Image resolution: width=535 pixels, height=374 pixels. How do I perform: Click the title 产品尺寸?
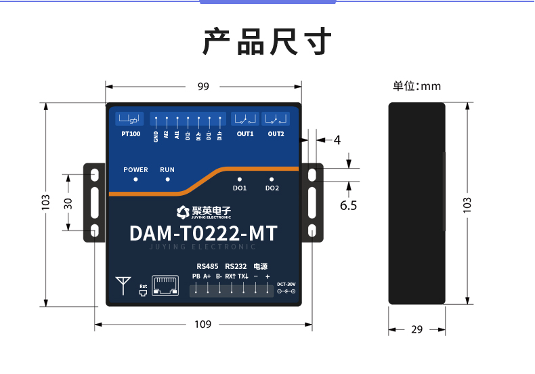pos(267,42)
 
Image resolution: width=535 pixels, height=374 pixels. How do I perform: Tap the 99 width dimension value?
pos(203,86)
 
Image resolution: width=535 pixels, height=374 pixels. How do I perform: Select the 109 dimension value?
pos(203,325)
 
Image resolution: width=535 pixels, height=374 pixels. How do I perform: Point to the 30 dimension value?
pos(68,203)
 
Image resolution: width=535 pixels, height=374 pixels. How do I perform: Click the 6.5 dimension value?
pos(348,205)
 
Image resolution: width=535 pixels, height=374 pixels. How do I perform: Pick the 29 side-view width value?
pos(416,329)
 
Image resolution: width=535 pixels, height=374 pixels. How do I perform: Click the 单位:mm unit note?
pos(416,86)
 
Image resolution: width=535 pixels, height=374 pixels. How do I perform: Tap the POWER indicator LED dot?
pos(135,180)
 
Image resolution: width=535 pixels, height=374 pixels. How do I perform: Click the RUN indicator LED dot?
pos(167,180)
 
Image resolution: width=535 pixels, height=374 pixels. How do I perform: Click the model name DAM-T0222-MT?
pos(203,234)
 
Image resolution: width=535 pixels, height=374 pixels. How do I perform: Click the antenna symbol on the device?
pos(123,285)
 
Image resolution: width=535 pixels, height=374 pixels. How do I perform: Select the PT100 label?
pos(131,134)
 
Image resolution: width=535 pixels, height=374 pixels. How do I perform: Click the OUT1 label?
pos(244,134)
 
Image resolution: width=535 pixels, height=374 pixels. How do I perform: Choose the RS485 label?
pos(207,266)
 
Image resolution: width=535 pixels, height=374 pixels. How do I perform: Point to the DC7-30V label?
pos(286,284)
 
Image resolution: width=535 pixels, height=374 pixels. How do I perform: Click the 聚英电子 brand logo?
pos(203,211)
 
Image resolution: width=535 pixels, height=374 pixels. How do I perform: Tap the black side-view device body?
pos(416,203)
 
